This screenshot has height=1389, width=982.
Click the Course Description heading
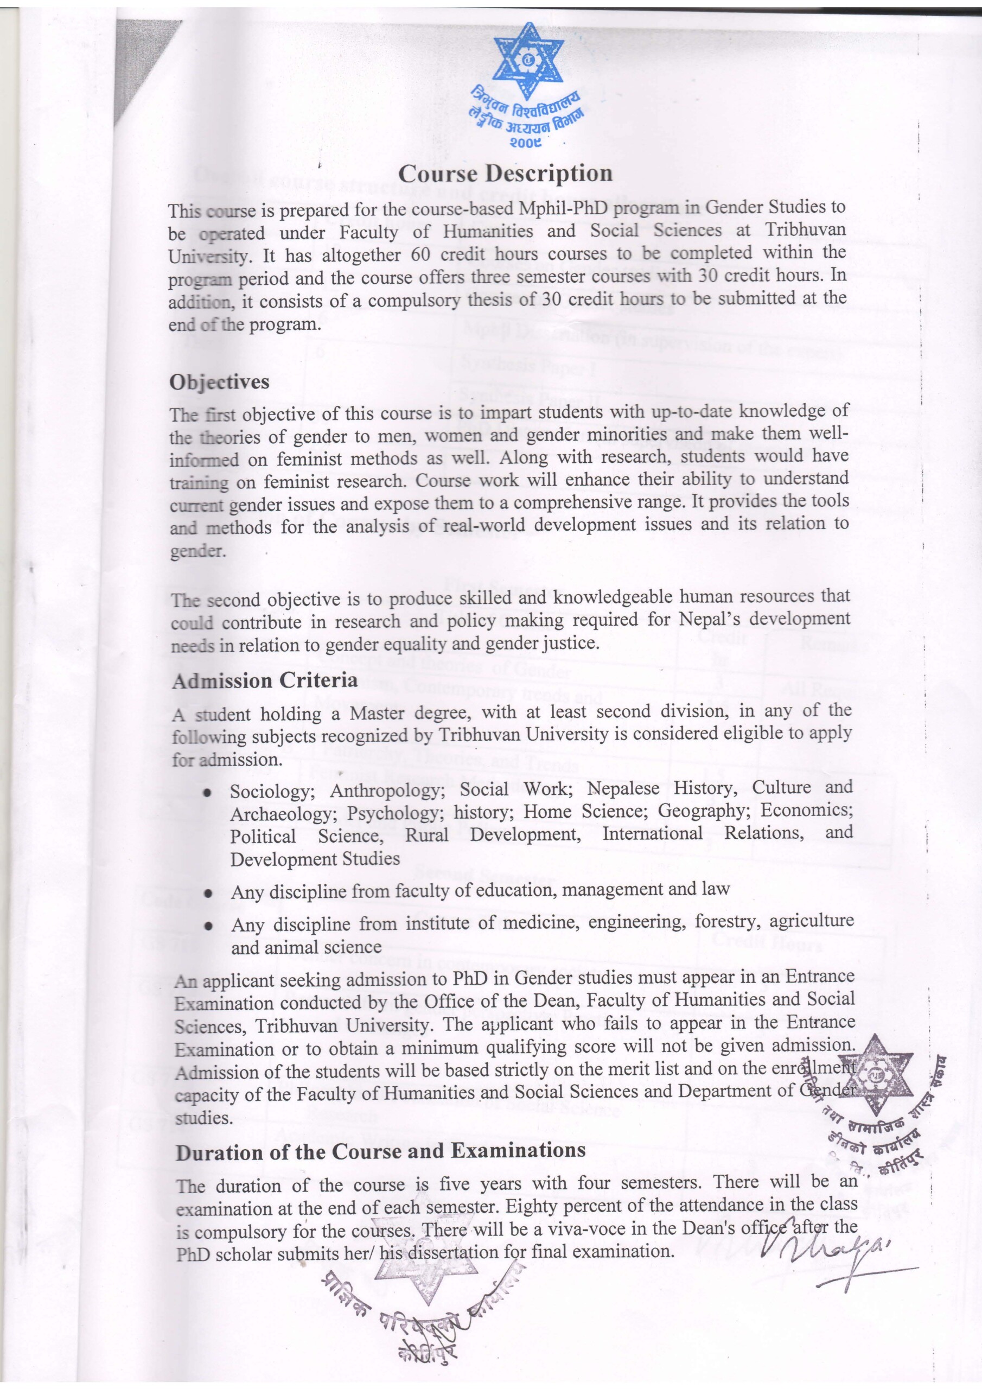point(505,174)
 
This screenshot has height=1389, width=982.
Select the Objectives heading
point(219,383)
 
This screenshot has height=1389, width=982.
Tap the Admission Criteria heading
point(264,681)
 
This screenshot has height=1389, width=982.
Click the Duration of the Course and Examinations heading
point(380,1151)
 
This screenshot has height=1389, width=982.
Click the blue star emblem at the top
point(528,60)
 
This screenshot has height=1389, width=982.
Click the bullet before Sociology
point(208,793)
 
